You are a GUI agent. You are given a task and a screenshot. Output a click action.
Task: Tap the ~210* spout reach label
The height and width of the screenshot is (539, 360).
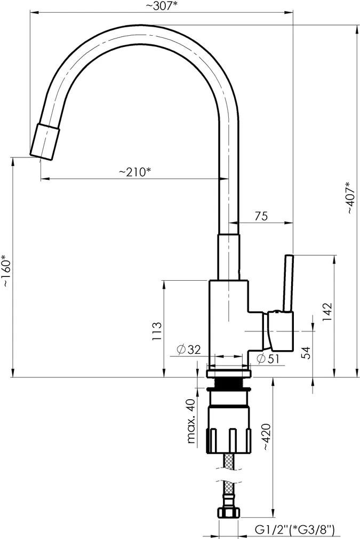[x=135, y=171]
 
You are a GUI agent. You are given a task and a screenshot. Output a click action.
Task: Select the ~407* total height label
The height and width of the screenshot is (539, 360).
[x=350, y=197]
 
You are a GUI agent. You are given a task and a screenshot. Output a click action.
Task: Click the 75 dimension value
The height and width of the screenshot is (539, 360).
[x=261, y=216]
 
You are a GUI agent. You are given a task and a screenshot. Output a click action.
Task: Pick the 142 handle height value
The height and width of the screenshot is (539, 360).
[x=327, y=312]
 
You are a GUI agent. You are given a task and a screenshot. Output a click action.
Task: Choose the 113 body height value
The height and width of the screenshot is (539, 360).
[x=157, y=331]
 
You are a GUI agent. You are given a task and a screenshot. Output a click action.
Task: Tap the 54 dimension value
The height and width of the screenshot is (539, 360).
[x=306, y=353]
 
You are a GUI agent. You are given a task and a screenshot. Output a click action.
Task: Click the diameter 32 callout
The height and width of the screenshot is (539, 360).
[x=189, y=350]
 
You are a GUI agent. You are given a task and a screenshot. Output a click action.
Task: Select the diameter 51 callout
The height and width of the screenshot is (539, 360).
[x=268, y=359]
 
